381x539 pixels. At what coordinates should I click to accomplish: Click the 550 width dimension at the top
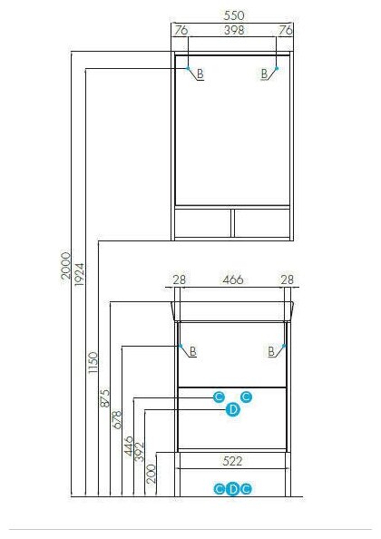[234, 15]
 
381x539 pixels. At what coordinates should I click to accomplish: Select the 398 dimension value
[234, 30]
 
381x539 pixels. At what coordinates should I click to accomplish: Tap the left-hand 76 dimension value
[181, 30]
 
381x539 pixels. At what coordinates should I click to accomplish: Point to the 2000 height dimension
[65, 265]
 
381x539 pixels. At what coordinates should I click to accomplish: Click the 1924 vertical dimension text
[79, 275]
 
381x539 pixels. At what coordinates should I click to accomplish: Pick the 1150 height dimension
[93, 363]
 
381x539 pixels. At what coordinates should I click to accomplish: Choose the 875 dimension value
[104, 398]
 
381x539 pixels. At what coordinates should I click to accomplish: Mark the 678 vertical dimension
[117, 419]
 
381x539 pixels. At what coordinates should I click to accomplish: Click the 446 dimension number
[129, 446]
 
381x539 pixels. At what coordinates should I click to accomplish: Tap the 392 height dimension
[140, 452]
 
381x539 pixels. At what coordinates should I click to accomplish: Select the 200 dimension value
[151, 474]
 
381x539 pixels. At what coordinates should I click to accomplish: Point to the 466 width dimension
[233, 279]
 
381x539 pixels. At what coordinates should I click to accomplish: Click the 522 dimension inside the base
[232, 461]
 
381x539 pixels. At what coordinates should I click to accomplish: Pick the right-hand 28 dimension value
[288, 279]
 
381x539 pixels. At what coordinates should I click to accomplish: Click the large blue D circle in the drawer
[233, 410]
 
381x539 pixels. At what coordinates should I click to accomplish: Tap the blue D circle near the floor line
[233, 489]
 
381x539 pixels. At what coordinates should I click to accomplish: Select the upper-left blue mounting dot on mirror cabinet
[188, 68]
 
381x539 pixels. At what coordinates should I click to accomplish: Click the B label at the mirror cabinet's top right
[264, 73]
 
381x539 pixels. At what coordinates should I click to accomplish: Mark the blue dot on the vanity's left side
[181, 346]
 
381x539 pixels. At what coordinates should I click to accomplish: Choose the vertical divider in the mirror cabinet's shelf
[232, 222]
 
